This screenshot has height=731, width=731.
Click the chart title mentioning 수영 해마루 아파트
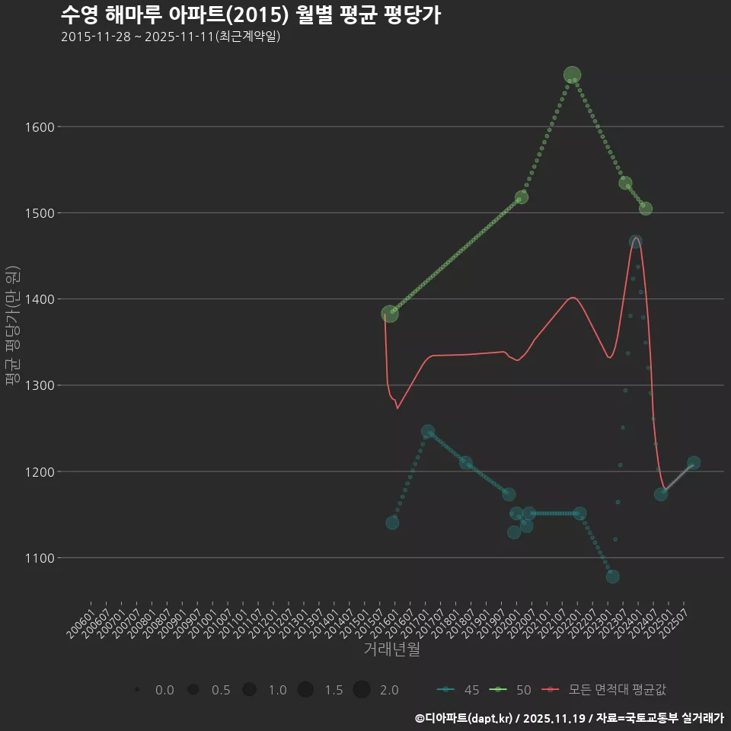tap(251, 14)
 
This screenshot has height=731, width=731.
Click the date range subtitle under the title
tap(171, 37)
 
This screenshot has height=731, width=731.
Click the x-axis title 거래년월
tap(391, 649)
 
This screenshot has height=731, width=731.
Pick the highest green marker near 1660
tap(573, 75)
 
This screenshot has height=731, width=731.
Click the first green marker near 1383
tap(390, 314)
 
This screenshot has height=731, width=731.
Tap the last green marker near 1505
tap(646, 209)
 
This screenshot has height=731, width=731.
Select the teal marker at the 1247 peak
tap(428, 432)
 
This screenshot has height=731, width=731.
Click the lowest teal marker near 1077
tap(613, 576)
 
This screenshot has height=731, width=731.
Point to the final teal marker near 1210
tap(694, 463)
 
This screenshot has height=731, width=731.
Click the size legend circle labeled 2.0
tap(362, 690)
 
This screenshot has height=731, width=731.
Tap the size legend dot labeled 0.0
tap(136, 690)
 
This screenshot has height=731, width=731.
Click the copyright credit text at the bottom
tap(569, 717)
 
